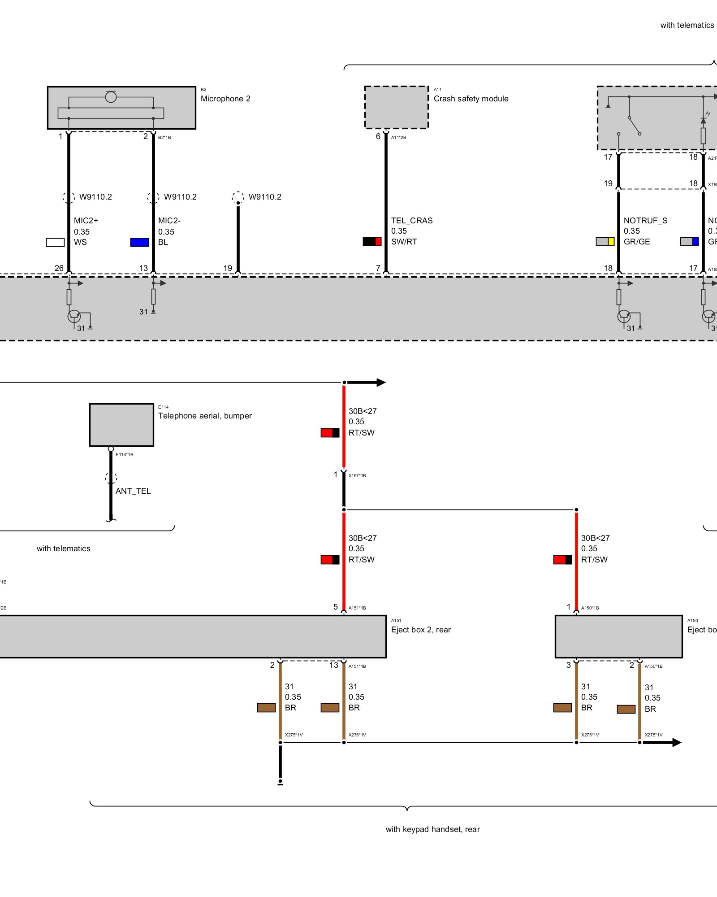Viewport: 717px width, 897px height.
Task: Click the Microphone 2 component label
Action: [225, 99]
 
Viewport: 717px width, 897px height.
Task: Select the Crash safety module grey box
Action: [396, 107]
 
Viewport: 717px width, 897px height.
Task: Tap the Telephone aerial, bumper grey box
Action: [121, 425]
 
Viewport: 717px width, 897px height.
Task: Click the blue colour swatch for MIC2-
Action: [139, 242]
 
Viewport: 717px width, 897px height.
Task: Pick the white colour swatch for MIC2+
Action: [55, 242]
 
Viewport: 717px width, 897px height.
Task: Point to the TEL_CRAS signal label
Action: [412, 221]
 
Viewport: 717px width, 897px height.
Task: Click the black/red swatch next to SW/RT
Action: [372, 241]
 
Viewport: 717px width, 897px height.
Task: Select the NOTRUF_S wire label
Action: [645, 221]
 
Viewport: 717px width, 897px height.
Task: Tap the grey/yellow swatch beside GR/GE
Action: [605, 241]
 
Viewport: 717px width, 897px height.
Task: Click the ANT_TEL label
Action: [133, 491]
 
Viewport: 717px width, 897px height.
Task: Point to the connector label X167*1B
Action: [357, 475]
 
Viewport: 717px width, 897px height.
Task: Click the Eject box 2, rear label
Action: [421, 630]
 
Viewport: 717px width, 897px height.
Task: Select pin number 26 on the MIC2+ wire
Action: [59, 268]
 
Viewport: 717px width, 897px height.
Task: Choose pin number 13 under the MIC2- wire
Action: [143, 268]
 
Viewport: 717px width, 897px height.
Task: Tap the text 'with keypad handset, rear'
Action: [432, 829]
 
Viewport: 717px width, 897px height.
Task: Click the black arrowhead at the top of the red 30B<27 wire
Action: [380, 383]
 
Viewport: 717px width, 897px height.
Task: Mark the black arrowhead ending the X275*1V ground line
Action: [676, 742]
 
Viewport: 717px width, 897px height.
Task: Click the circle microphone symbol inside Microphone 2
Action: [111, 96]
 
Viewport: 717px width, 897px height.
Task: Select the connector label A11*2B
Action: [398, 138]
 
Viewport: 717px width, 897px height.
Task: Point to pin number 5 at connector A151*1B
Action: [336, 607]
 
